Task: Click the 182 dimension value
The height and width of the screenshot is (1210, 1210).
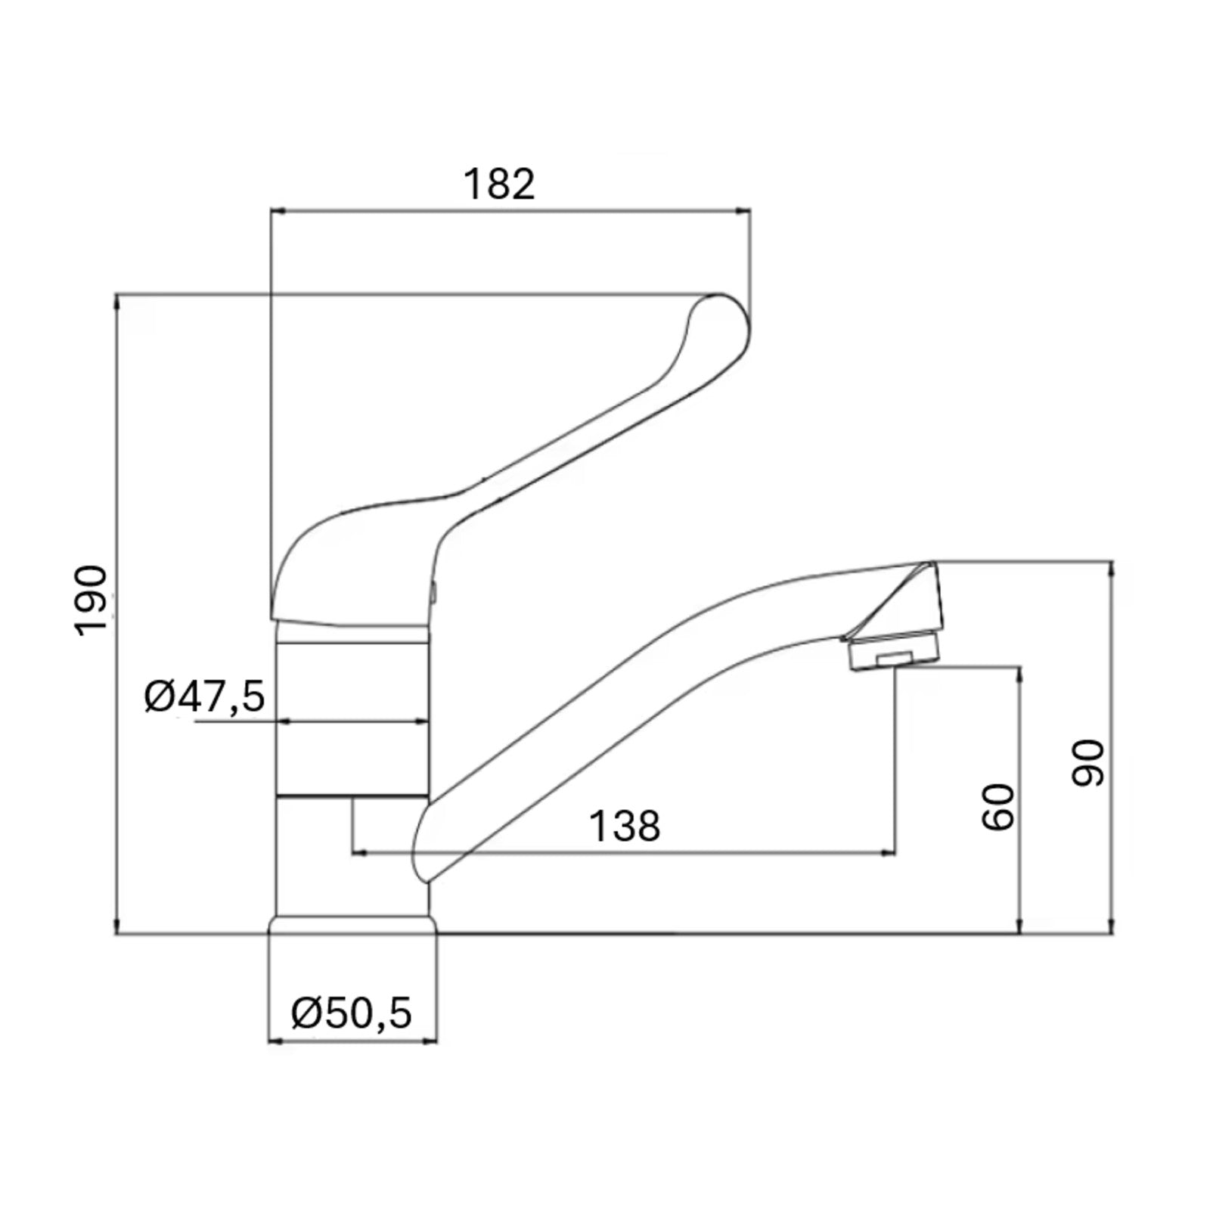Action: [x=499, y=184]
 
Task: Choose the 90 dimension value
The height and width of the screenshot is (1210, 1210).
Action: [x=1089, y=763]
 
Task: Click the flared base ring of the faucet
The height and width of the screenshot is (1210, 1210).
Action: [x=353, y=925]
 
